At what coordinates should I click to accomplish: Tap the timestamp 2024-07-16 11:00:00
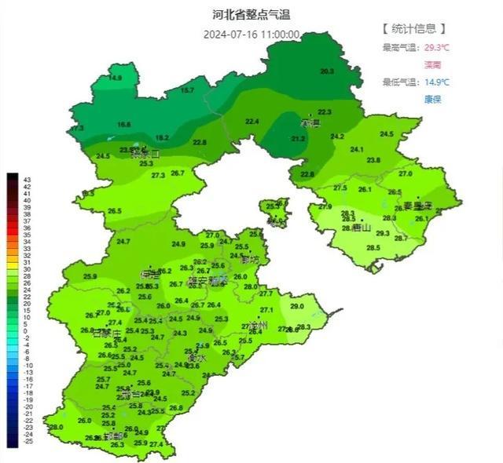(x=251, y=35)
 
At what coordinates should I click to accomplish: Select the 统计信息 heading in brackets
(x=414, y=29)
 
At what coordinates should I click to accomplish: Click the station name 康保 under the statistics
(x=433, y=99)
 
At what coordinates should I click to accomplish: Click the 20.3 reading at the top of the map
(x=327, y=72)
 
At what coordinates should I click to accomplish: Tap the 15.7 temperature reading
(x=187, y=91)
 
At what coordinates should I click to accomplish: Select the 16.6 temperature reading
(x=124, y=125)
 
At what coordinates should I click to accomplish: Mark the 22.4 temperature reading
(x=252, y=122)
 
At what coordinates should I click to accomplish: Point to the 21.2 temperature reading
(x=298, y=139)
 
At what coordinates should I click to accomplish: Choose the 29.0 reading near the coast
(x=296, y=306)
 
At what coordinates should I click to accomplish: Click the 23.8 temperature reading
(x=373, y=160)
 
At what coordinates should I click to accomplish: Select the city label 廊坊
(x=251, y=259)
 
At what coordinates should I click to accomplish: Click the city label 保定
(x=149, y=275)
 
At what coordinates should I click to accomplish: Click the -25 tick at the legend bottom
(x=28, y=442)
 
